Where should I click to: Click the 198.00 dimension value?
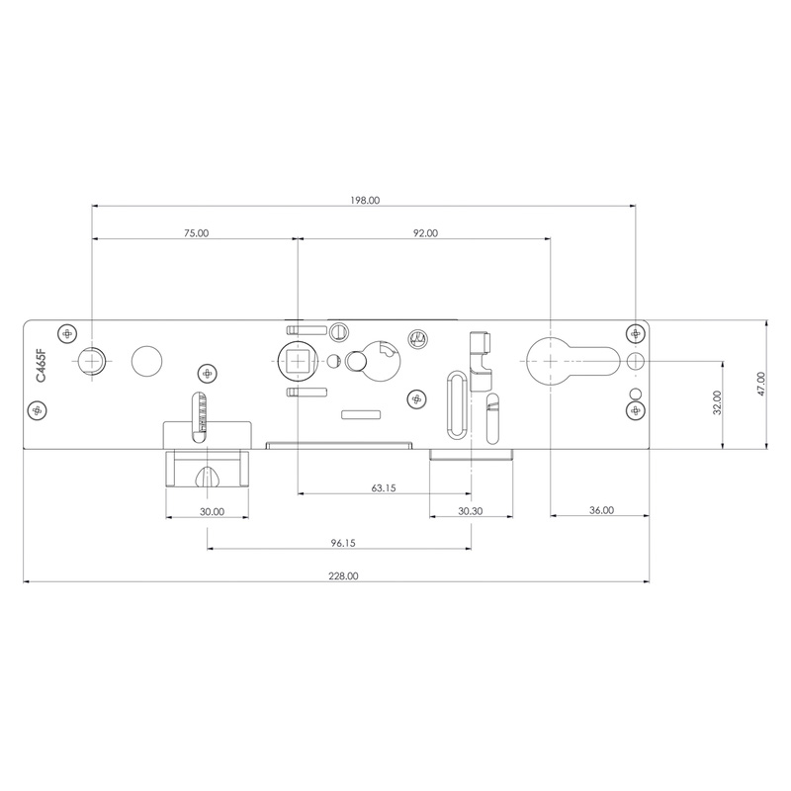click(x=364, y=200)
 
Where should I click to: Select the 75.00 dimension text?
click(x=196, y=233)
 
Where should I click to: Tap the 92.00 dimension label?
click(x=425, y=233)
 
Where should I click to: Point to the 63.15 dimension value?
click(x=384, y=487)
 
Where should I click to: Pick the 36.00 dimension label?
click(x=601, y=510)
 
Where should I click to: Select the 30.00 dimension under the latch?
click(x=211, y=512)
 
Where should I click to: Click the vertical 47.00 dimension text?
click(x=760, y=385)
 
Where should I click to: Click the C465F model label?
click(x=41, y=365)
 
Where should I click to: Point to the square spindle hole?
click(x=297, y=361)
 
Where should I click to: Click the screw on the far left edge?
click(x=38, y=409)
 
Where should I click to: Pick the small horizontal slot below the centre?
click(x=361, y=412)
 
